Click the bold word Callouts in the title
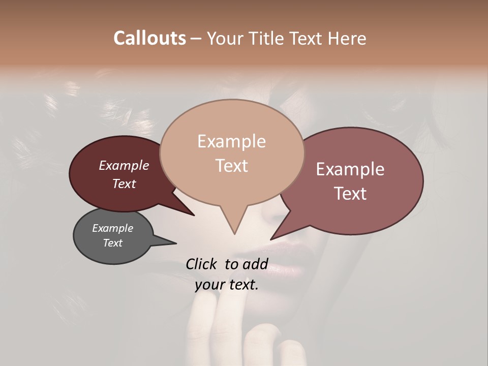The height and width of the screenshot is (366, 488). [149, 38]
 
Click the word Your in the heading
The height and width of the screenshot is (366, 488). [226, 38]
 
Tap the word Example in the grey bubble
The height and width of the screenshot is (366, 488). [113, 228]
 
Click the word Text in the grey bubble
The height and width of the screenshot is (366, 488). [113, 243]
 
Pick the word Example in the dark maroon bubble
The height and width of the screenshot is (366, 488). [124, 165]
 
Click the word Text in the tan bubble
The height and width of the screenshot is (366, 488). [232, 166]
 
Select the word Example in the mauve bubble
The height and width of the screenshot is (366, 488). [350, 169]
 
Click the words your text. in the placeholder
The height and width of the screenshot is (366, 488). [227, 285]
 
